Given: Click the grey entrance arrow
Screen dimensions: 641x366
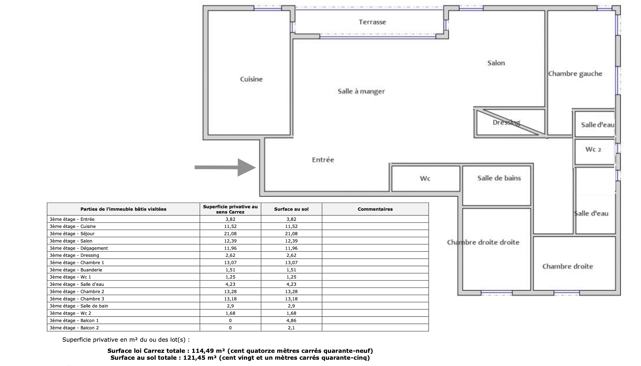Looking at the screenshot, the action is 225,167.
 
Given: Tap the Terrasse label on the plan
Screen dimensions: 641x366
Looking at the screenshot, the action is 372,22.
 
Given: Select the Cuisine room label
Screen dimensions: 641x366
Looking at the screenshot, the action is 251,79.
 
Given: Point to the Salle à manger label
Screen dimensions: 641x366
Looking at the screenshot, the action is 361,91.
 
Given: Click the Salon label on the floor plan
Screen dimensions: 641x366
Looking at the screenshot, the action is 496,63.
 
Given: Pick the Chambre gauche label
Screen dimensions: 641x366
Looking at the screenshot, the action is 575,74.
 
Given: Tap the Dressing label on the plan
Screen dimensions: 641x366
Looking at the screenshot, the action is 506,122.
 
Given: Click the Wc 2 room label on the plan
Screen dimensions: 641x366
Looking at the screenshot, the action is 593,149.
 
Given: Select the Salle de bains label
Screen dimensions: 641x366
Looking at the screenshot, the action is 499,178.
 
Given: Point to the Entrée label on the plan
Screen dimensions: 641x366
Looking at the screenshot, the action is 323,160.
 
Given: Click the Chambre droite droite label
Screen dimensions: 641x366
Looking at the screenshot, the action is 483,242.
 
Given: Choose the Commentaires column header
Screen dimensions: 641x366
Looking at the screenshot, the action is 375,209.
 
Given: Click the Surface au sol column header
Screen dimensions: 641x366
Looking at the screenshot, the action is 291,209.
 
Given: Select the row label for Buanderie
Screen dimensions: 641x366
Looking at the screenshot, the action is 76,270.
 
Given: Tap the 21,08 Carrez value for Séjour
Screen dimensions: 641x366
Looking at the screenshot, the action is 230,234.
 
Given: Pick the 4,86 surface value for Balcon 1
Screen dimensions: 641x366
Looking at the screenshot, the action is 291,321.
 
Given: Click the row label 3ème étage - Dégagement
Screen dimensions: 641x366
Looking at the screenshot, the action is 79,248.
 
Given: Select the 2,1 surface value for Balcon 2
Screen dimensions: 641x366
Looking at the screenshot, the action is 291,328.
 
